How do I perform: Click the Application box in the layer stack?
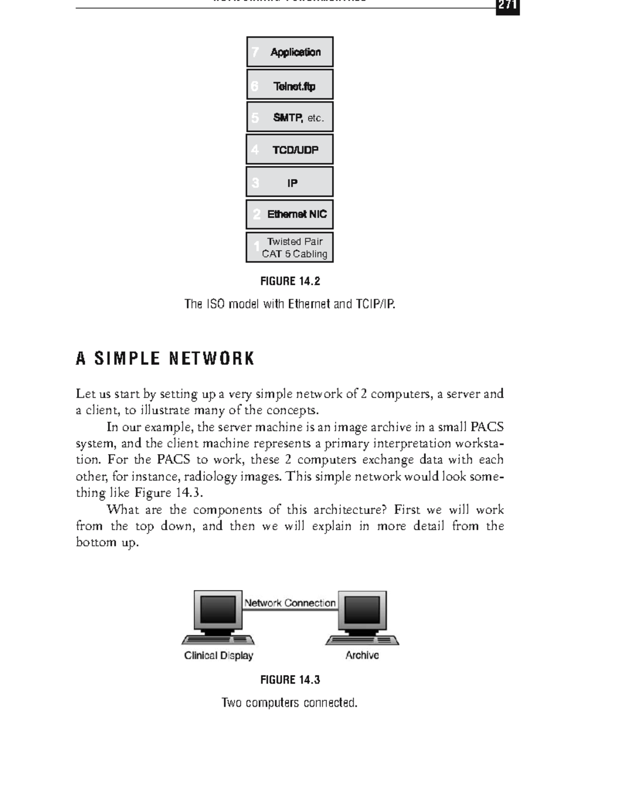(290, 52)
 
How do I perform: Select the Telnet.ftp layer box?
(290, 85)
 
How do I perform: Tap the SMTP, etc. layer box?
(290, 117)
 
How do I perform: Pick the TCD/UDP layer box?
(290, 150)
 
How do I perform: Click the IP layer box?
(290, 182)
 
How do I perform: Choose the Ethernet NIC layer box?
(290, 214)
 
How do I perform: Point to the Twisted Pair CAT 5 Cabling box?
(290, 248)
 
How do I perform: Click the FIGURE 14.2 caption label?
(290, 281)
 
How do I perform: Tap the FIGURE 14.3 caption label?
(290, 680)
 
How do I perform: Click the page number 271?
(507, 7)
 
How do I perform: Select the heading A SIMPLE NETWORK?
(165, 358)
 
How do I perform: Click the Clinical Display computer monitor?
(218, 611)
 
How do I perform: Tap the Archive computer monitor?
(362, 611)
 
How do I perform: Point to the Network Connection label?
(290, 603)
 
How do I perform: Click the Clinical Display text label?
(218, 655)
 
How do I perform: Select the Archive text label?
(362, 655)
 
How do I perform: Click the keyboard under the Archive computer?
(362, 640)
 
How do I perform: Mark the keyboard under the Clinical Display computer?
(218, 640)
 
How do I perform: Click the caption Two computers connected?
(289, 703)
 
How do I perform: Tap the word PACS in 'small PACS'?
(487, 427)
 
